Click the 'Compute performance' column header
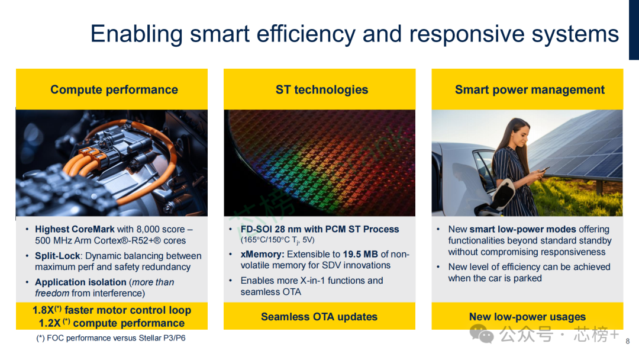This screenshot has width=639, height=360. pos(114,89)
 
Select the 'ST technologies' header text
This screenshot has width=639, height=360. pos(322,89)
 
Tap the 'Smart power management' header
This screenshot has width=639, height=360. pos(530,89)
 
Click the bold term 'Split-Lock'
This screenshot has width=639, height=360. pos(57,256)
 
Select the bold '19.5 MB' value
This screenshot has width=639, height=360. pos(360,254)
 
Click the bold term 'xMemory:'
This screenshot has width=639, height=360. pos(263,254)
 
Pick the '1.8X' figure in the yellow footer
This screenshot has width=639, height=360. pos(43,310)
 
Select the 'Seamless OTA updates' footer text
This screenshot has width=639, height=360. pos(319,317)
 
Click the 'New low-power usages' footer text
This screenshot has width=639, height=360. pos(527,317)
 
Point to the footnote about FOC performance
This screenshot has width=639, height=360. pos(111,338)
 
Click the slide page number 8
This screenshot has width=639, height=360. pos(628,341)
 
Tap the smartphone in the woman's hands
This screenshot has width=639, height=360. pos(544,170)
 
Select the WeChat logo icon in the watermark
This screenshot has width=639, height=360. pos(482,333)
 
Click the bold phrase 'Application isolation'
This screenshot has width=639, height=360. pos(80,282)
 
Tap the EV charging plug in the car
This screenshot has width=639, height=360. pos(503,194)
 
